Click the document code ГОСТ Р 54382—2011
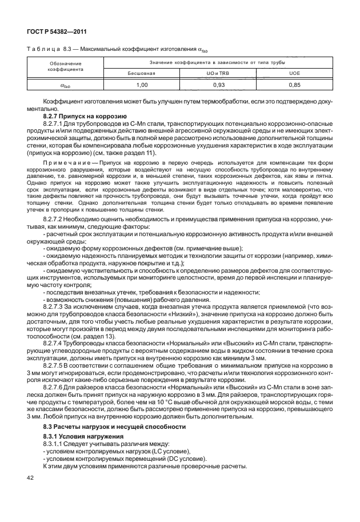tap(53, 29)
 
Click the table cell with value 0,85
tap(294, 85)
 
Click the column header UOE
tap(294, 73)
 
